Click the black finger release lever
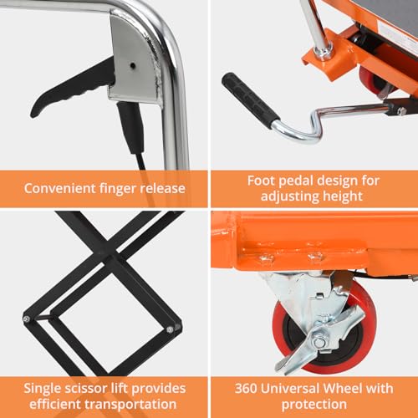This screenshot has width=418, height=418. [69, 90]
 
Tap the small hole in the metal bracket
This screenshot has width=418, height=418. [133, 66]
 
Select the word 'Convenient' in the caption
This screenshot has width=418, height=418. [59, 188]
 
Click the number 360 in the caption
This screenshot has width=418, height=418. [246, 388]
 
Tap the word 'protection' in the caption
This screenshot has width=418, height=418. [314, 405]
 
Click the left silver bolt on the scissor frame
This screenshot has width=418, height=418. [27, 319]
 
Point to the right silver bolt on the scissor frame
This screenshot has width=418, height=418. [170, 330]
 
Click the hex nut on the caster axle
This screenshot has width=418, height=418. [319, 342]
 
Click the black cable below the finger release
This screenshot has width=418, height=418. [134, 134]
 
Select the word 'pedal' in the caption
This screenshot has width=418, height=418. [297, 181]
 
